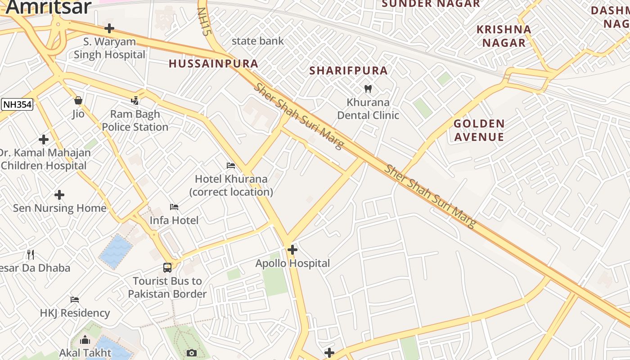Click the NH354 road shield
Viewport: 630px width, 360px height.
pyautogui.click(x=17, y=105)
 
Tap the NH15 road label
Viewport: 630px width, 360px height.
pyautogui.click(x=204, y=22)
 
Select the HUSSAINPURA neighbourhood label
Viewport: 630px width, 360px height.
pyautogui.click(x=213, y=64)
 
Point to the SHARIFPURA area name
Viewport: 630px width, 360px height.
pyautogui.click(x=348, y=71)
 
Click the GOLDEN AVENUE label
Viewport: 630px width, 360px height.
pyautogui.click(x=479, y=130)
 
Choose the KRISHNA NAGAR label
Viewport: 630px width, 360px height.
pyautogui.click(x=504, y=36)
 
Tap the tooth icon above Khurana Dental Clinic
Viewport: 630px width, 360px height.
pyautogui.click(x=368, y=89)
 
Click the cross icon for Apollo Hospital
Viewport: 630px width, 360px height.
pyautogui.click(x=292, y=249)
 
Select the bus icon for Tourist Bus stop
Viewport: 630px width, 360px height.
pyautogui.click(x=167, y=268)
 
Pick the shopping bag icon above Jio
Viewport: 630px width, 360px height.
pyautogui.click(x=78, y=100)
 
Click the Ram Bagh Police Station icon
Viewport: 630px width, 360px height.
pyautogui.click(x=135, y=100)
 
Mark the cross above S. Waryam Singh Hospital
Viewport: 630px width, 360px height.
pyautogui.click(x=109, y=29)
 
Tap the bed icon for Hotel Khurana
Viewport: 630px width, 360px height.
pyautogui.click(x=231, y=166)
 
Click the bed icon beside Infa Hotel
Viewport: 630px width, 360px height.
pyautogui.click(x=174, y=207)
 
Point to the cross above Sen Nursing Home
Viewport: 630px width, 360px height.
pyautogui.click(x=59, y=195)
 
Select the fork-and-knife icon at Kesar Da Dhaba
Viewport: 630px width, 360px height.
pyautogui.click(x=31, y=255)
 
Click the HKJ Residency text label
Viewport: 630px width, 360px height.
pyautogui.click(x=75, y=313)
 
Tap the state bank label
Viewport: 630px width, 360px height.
pyautogui.click(x=257, y=41)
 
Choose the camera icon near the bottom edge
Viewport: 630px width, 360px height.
pyautogui.click(x=192, y=353)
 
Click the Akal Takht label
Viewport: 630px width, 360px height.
pyautogui.click(x=85, y=353)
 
